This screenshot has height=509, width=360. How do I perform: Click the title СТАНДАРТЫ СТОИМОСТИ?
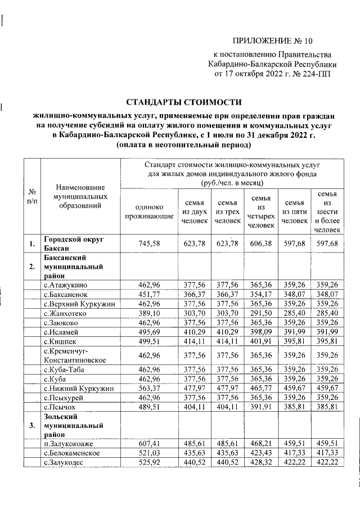(183, 102)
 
